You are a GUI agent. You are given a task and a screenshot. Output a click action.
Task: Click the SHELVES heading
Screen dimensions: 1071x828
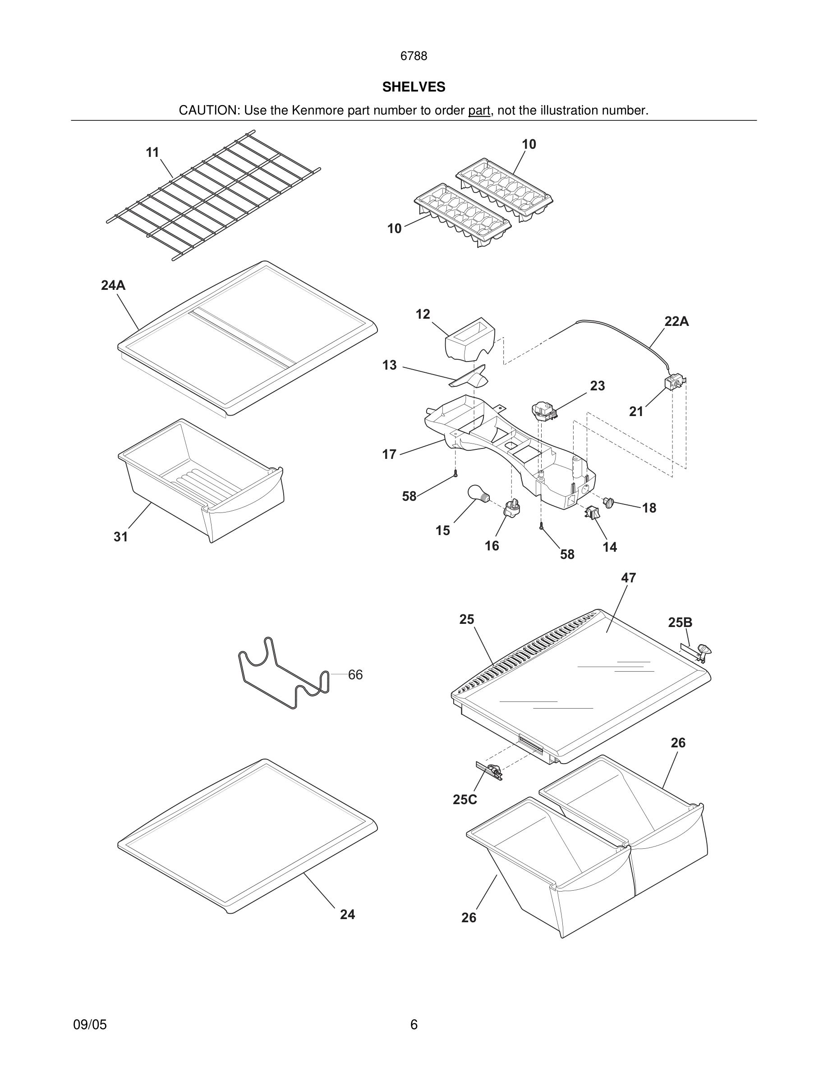pos(414,87)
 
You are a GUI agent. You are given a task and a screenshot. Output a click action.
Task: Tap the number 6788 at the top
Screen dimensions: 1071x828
pos(414,56)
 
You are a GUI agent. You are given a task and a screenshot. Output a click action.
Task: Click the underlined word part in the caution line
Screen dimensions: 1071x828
pos(479,110)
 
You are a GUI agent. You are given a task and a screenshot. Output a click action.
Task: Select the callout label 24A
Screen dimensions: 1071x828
pos(113,285)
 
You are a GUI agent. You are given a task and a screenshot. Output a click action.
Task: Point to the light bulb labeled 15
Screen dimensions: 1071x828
pos(476,493)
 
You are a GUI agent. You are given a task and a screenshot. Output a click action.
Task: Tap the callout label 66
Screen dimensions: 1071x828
pos(355,675)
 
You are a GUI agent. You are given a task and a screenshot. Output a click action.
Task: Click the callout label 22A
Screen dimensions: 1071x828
pos(676,322)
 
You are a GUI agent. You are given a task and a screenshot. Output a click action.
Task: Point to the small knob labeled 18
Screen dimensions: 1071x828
pos(609,502)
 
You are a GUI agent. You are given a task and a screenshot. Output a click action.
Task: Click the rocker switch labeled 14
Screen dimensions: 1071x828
pos(592,513)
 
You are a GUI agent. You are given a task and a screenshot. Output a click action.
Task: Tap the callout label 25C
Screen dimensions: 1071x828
pos(465,800)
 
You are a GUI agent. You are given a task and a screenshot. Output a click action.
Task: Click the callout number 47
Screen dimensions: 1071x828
pos(628,578)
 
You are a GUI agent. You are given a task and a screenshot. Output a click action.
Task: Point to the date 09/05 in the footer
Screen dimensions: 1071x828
pos(90,1025)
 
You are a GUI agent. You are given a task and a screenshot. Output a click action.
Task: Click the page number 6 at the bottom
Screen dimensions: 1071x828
pos(414,1025)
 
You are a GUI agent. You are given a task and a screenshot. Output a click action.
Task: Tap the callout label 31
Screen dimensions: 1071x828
pos(121,537)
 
